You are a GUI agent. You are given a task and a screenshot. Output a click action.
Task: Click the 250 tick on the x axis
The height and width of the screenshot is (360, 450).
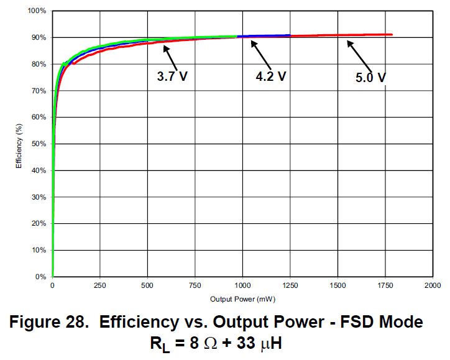click(99, 285)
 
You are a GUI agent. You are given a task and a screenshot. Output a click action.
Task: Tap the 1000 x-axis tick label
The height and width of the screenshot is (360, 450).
click(242, 285)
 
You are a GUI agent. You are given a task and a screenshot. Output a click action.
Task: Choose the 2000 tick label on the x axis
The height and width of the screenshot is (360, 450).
click(432, 285)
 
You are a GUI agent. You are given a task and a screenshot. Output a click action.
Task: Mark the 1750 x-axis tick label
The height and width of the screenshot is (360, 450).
click(385, 285)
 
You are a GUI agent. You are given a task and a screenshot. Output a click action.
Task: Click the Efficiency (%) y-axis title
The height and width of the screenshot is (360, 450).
click(19, 144)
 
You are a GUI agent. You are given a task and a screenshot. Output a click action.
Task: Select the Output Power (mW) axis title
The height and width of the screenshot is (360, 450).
click(242, 299)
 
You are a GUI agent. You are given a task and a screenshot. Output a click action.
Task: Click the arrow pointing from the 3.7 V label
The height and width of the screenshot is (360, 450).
click(171, 56)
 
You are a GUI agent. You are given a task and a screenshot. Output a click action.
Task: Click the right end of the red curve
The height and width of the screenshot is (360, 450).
click(392, 35)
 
